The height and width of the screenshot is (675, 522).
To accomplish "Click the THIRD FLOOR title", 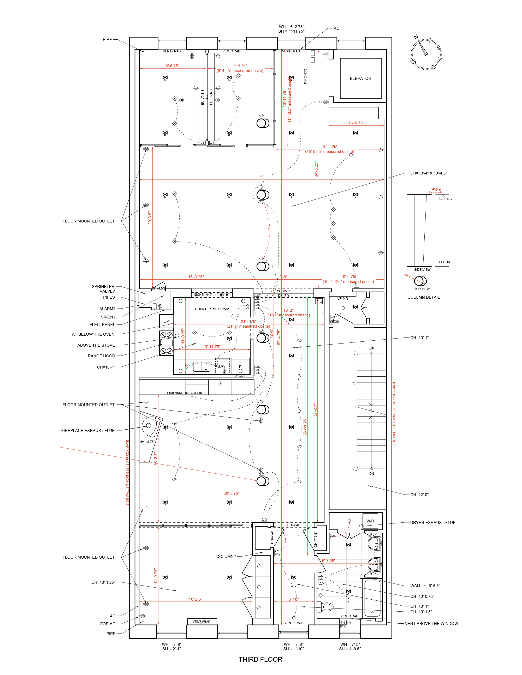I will point(260,659).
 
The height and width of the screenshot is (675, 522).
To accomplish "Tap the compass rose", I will point(426,54).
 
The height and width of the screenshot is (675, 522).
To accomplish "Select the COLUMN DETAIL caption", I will point(423,297).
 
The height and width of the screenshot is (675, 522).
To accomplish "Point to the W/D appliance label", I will point(370,521).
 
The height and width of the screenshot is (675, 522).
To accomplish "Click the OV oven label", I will point(166,321).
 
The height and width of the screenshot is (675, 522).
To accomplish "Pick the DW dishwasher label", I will point(222,366).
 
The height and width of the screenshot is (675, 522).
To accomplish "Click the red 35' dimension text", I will point(262,177).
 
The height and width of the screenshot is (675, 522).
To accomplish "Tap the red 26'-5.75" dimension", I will point(231,493).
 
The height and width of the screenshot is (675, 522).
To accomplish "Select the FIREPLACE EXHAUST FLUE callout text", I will point(88,431).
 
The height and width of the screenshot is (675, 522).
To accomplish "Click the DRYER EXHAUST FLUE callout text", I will point(433,523).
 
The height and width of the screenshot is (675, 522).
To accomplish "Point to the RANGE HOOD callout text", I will point(102,356).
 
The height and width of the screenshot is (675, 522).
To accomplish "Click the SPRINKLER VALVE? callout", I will point(103,289).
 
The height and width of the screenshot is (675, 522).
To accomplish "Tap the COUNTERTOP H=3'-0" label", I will point(212,309).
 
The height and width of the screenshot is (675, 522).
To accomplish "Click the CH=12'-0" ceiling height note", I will point(419,495).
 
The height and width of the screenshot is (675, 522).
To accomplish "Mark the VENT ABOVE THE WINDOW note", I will point(431,623).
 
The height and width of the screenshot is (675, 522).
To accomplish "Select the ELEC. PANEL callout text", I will point(102,324).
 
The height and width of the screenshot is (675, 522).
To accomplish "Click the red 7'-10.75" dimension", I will point(356,123).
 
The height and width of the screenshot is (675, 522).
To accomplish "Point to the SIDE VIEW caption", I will point(422,269).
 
